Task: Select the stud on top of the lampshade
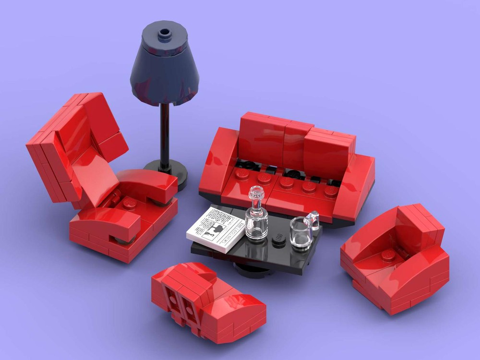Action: click(x=165, y=34)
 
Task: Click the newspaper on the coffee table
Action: click(x=215, y=228)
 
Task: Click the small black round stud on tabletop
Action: click(x=278, y=240)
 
